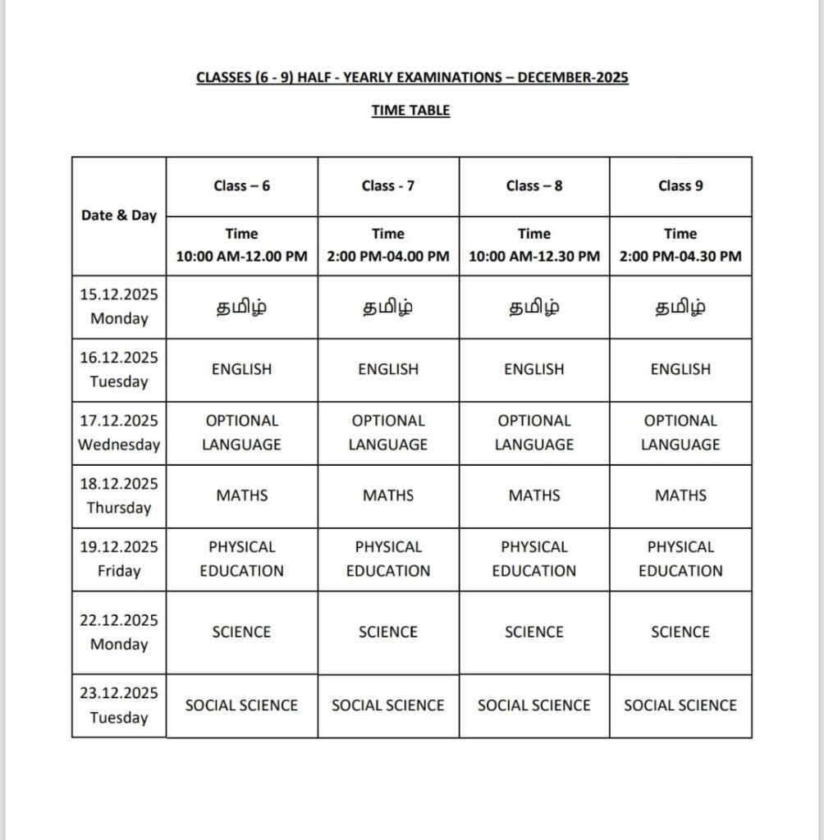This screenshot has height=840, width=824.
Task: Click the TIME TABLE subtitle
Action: [410, 110]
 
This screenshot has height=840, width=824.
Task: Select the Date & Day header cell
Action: [119, 216]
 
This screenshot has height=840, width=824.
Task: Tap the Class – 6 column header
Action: [241, 185]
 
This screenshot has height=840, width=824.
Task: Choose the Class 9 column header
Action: [680, 185]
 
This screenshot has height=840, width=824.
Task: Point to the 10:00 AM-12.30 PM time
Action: [534, 256]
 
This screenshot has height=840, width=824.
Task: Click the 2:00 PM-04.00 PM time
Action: [388, 256]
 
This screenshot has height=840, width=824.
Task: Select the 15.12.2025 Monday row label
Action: [119, 307]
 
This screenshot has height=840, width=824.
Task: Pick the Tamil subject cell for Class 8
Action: [534, 308]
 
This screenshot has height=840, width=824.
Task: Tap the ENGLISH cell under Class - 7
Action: [388, 369]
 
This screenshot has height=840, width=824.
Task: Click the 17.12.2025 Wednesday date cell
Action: [119, 432]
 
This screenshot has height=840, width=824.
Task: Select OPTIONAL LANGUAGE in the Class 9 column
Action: [680, 432]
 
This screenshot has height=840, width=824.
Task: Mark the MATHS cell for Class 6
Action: [241, 495]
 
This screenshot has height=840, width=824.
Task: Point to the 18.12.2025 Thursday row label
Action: [119, 495]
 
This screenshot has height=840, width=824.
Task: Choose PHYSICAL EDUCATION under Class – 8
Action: [534, 559]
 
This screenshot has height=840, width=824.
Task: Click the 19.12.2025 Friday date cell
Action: [119, 559]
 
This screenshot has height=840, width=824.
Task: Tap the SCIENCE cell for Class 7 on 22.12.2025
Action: [388, 632]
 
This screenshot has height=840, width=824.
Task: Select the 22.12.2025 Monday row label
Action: [119, 632]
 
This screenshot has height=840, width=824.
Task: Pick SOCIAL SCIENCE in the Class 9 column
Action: [680, 705]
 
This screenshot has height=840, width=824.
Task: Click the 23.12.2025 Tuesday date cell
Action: [119, 705]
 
